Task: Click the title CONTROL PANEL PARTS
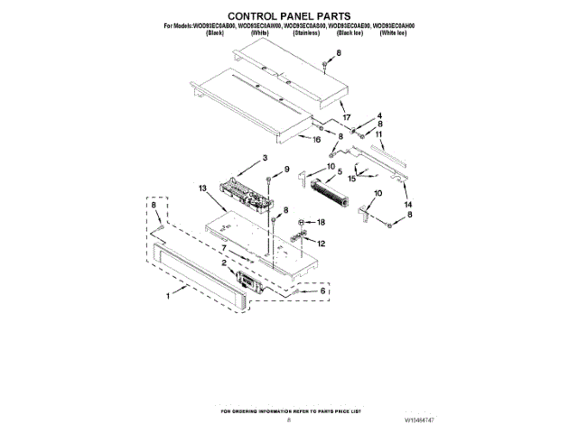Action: point(288,16)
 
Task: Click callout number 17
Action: point(346,118)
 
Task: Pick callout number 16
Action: point(317,141)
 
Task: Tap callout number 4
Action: point(379,115)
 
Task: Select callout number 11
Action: point(379,134)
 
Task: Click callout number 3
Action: point(265,159)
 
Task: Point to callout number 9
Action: point(286,170)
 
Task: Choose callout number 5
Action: point(340,171)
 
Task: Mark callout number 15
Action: point(351,179)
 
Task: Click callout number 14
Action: point(384,204)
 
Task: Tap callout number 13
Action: point(203,189)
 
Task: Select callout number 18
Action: point(320,221)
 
